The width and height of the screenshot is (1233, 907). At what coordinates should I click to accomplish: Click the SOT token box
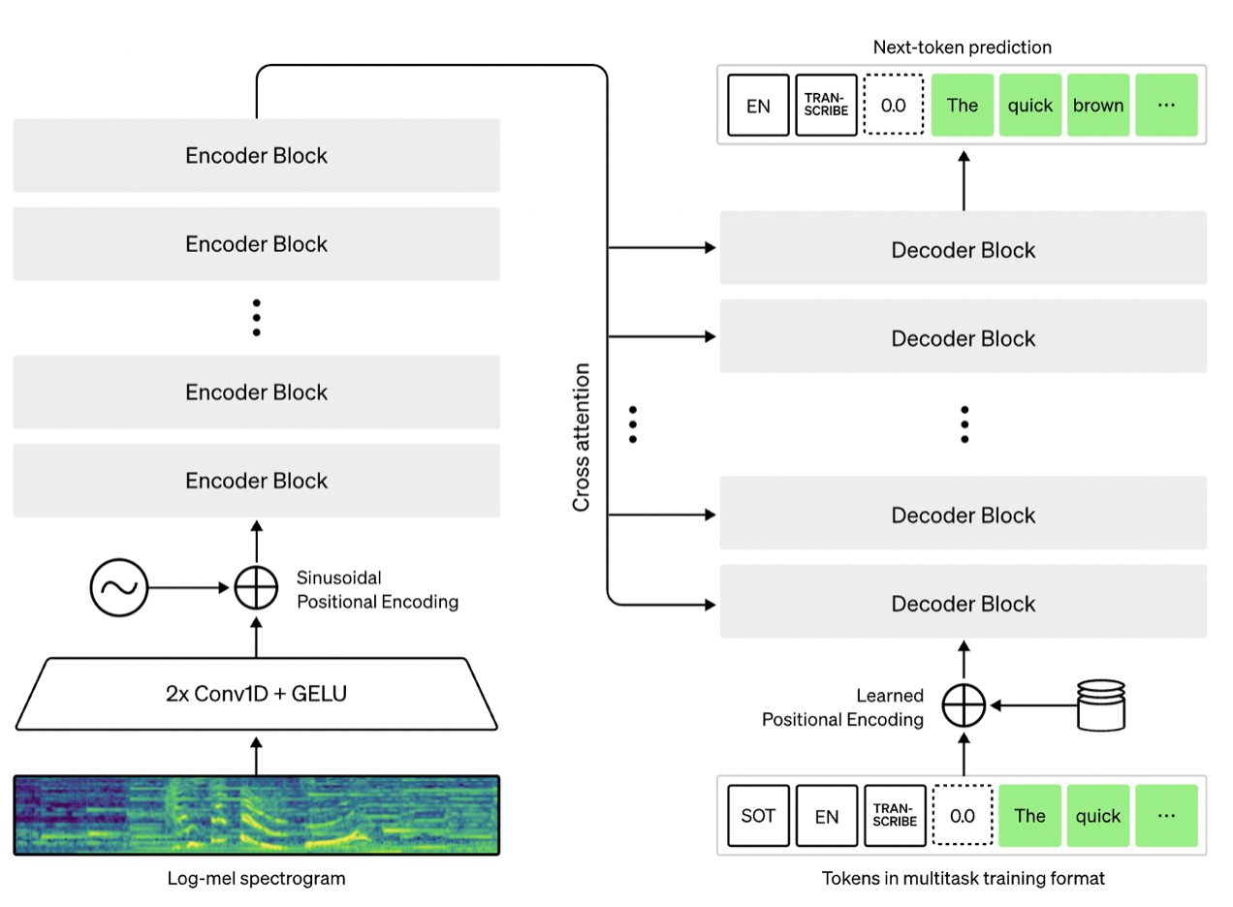coord(758,815)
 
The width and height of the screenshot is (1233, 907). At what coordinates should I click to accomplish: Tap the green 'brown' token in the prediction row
coord(1098,105)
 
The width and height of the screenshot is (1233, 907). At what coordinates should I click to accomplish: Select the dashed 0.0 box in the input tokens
coord(963,815)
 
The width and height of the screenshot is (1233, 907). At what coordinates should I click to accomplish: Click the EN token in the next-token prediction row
coord(758,105)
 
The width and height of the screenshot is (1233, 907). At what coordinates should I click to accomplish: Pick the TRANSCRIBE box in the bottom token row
coord(895,815)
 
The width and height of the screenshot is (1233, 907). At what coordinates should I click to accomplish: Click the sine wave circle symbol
coord(119,587)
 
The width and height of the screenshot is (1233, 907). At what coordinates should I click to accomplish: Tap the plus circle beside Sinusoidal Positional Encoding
coord(256,587)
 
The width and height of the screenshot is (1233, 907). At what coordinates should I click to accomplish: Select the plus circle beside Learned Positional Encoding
coord(964,705)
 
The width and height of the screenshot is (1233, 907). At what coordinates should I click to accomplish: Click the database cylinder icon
coord(1100,705)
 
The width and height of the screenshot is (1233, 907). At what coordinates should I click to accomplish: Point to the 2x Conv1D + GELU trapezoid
coord(257,694)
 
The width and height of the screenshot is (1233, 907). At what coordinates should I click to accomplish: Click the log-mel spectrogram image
coord(257,815)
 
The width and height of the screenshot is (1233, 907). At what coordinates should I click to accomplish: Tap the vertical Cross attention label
coord(582,437)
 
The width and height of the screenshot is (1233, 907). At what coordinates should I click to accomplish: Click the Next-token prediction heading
coord(963,47)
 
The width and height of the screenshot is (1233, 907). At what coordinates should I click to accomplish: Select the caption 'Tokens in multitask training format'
coord(964,878)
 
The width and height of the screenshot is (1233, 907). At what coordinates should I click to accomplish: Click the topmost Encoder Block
coord(257,155)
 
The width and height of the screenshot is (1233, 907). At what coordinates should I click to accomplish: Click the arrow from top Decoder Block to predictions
coord(964,180)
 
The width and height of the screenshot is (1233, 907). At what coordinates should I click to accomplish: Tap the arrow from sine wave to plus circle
coord(189,587)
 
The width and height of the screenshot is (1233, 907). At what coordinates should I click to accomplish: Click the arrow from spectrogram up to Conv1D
coord(256,756)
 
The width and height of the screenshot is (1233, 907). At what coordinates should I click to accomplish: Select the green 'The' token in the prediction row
coord(963,105)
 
